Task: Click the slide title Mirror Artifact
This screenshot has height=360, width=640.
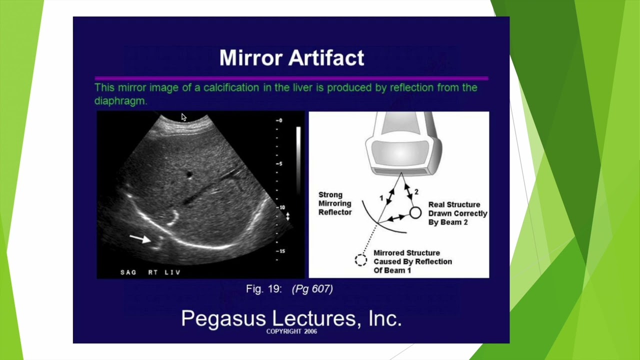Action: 291,57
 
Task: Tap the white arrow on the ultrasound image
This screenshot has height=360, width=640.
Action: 140,238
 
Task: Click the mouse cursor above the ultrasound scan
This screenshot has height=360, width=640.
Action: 183,117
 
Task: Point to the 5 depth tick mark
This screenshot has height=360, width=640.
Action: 279,163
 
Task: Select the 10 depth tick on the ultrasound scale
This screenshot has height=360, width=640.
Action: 280,207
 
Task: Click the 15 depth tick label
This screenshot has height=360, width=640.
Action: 280,251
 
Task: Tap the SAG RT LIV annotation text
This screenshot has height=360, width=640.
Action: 150,272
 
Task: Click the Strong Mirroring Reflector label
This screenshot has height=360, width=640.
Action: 335,203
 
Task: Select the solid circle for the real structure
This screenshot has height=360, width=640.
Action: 415,213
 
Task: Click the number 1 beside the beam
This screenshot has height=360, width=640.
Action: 381,198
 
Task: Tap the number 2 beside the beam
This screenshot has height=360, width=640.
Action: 416,192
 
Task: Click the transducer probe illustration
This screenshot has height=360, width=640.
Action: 403,143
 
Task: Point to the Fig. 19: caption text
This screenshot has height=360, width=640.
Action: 264,289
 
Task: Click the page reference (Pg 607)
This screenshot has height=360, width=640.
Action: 312,289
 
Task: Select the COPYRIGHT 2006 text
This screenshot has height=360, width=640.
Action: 291,331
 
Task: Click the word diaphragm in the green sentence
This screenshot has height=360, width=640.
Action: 120,101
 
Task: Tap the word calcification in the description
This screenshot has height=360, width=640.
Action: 231,87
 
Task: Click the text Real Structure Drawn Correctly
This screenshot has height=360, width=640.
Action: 457,209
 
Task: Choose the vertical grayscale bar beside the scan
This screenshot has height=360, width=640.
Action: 298,160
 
